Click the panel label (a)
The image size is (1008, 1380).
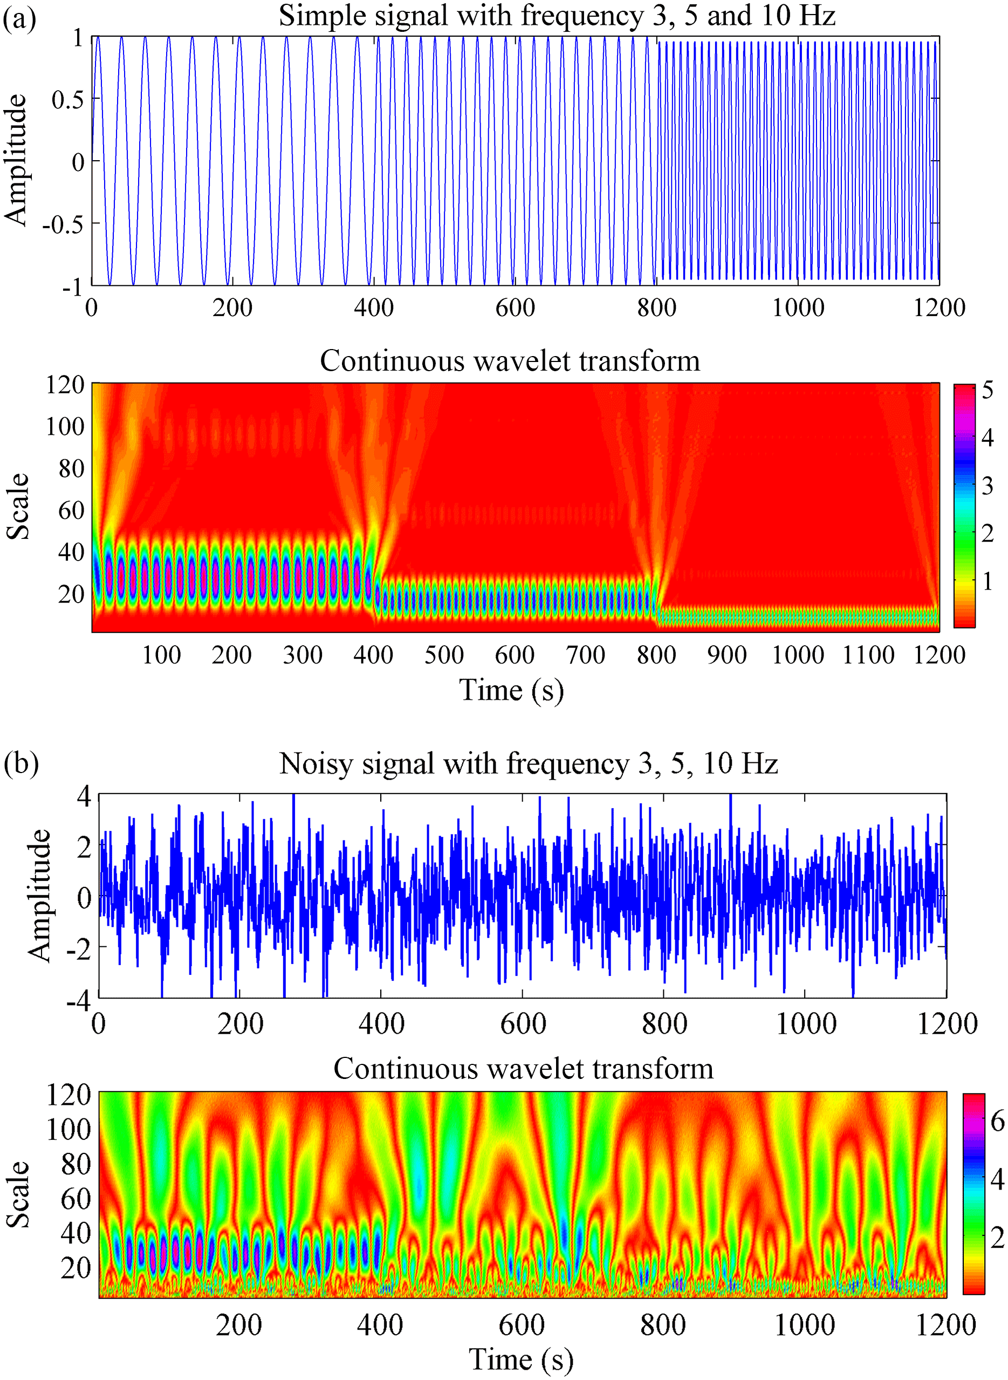[19, 19]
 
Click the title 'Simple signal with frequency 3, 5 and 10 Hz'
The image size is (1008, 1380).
[557, 15]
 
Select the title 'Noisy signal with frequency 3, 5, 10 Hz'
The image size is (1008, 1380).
[529, 763]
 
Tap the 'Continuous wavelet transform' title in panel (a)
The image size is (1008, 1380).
[510, 361]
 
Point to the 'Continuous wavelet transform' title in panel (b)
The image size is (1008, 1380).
[523, 1069]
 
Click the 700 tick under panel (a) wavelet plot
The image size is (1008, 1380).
[585, 655]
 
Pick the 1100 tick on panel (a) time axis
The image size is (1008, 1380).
[868, 655]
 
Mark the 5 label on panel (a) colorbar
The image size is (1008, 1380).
[988, 390]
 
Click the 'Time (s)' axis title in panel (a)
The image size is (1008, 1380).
[511, 691]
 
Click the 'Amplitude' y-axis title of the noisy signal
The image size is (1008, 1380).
[38, 896]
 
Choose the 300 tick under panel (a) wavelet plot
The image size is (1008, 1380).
[302, 655]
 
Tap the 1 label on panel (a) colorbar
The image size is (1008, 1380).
[988, 581]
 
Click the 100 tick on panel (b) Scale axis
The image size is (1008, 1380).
[68, 1130]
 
